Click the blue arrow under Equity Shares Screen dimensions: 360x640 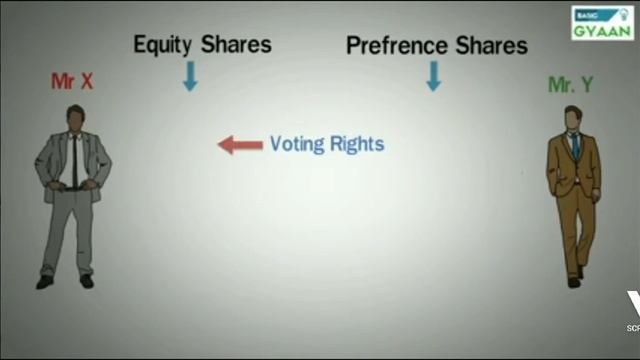tap(190, 75)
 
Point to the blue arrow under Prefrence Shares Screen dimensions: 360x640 tap(433, 75)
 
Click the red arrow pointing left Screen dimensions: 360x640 tap(240, 145)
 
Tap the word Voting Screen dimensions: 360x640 tap(298, 144)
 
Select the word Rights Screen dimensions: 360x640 tap(357, 144)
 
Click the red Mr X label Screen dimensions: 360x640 tap(72, 82)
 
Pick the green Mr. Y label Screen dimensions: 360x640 tap(571, 85)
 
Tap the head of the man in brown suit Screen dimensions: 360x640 tap(573, 119)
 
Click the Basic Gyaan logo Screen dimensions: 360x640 tap(601, 22)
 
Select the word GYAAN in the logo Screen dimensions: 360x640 tap(601, 30)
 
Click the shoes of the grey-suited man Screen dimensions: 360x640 tap(65, 282)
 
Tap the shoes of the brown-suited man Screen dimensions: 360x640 tap(576, 277)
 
